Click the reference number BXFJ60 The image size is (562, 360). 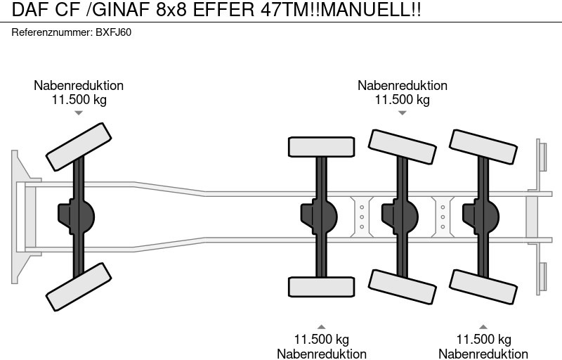[x=113, y=33]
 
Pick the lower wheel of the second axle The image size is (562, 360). [x=320, y=288]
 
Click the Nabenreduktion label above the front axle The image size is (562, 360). [x=79, y=85]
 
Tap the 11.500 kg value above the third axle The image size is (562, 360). [x=402, y=100]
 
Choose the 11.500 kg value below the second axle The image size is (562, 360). [x=321, y=340]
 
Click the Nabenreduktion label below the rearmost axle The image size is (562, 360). [x=483, y=354]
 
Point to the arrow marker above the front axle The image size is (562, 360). [x=79, y=113]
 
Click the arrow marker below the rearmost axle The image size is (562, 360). [x=483, y=326]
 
